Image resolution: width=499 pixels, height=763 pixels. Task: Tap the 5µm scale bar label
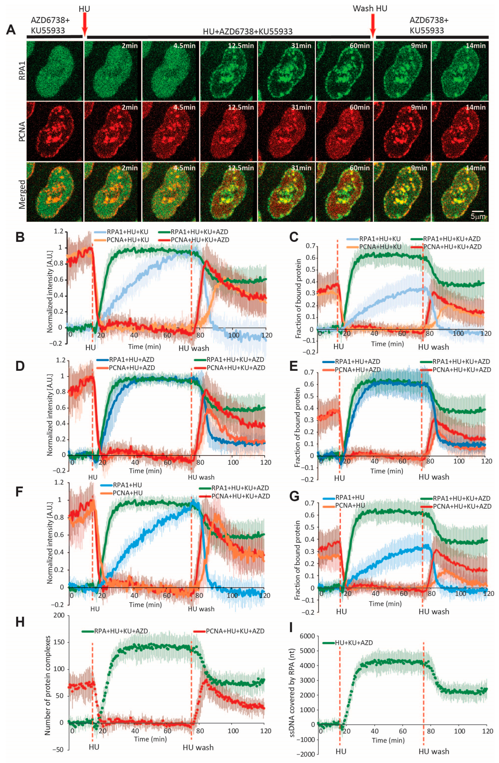(x=479, y=217)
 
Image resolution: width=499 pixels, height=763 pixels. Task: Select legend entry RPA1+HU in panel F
(x=122, y=485)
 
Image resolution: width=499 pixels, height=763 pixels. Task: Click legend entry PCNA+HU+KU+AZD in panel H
(x=235, y=631)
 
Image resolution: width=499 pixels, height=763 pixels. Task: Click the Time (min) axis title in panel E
(x=386, y=471)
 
